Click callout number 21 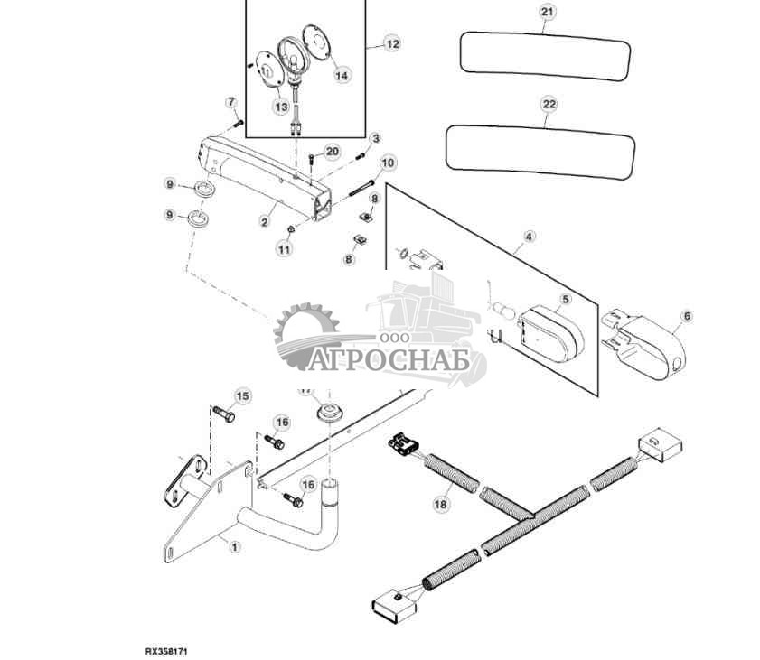pos(545,12)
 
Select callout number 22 pos(549,105)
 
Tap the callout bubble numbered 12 pos(390,43)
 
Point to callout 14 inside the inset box pos(341,76)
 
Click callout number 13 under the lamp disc pos(280,107)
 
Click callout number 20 pos(332,151)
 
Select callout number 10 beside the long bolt pos(388,163)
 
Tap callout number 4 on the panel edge pos(529,237)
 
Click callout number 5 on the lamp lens pos(565,299)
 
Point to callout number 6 pos(686,316)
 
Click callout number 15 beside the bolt pos(242,395)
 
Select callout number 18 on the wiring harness pos(440,506)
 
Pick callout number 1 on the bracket pos(235,546)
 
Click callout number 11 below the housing pos(285,248)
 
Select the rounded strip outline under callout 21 pos(545,53)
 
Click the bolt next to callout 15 pos(224,415)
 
